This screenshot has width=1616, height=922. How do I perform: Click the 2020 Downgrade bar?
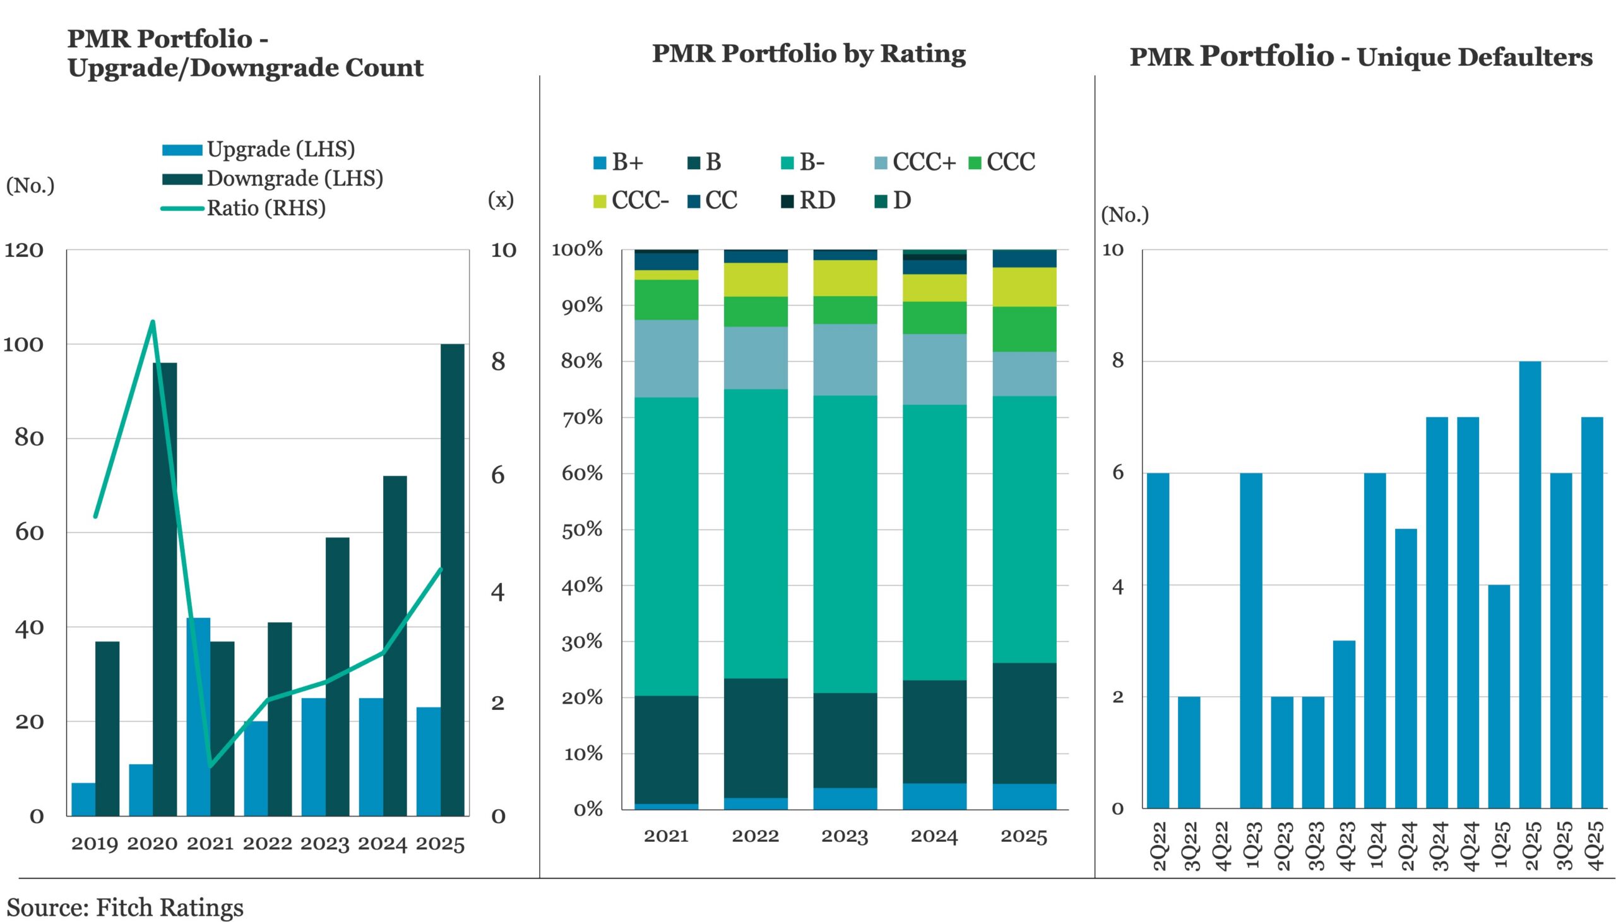click(x=165, y=589)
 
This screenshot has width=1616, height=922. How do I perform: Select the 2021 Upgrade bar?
click(x=198, y=716)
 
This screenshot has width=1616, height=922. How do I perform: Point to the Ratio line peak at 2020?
click(x=153, y=322)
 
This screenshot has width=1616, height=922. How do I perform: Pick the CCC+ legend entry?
click(x=915, y=163)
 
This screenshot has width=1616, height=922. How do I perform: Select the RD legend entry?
click(x=809, y=201)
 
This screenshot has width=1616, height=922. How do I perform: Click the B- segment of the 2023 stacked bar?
click(x=845, y=545)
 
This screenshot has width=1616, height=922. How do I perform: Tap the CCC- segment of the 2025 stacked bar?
click(x=1024, y=287)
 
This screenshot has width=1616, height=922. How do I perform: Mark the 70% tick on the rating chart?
click(x=582, y=418)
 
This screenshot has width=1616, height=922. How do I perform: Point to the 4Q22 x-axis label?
click(x=1220, y=846)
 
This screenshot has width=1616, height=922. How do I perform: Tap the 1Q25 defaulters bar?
click(x=1498, y=697)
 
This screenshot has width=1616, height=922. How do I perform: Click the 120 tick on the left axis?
click(x=24, y=251)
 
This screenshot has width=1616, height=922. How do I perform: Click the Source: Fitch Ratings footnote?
click(x=125, y=907)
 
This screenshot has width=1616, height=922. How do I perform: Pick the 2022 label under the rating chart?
click(x=756, y=837)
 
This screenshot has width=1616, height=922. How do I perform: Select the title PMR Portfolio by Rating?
click(x=809, y=54)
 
